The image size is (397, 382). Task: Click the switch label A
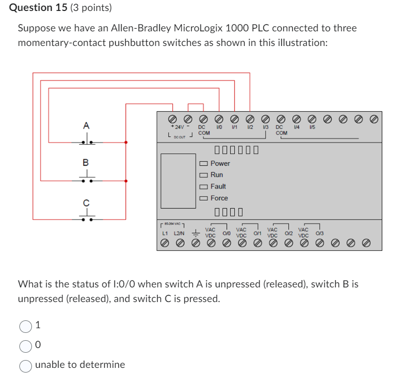coord(86,125)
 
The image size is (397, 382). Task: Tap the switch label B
coord(86,163)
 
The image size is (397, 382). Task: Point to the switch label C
coord(86,202)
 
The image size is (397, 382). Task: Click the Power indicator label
coord(220,164)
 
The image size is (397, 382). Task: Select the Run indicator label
coord(217,175)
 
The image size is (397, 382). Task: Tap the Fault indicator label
coord(218,187)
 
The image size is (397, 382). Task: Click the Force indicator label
coord(219,198)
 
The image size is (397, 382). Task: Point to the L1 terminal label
coord(165,233)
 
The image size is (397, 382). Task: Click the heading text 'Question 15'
coord(39,8)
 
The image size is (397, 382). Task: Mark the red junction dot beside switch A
coord(126,142)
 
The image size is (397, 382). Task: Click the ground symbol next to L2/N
coord(195,233)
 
